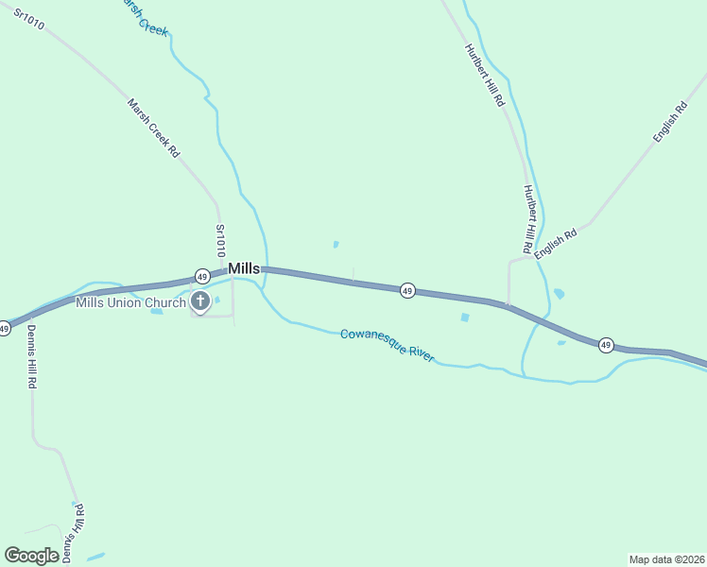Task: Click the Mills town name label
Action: [244, 269]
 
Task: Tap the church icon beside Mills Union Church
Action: [200, 302]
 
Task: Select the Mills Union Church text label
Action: [131, 303]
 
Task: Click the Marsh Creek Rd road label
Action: [153, 128]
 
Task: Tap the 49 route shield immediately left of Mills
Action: [202, 276]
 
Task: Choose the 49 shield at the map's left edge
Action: [5, 328]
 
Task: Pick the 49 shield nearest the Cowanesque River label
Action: [406, 290]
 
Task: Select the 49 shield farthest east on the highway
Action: [606, 345]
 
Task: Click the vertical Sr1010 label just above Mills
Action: [220, 241]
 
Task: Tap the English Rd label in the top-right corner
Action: [669, 123]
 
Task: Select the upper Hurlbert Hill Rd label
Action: [484, 74]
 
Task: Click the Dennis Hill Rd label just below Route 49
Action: [31, 357]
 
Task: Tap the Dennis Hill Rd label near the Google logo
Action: [75, 533]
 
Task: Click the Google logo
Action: [31, 556]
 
